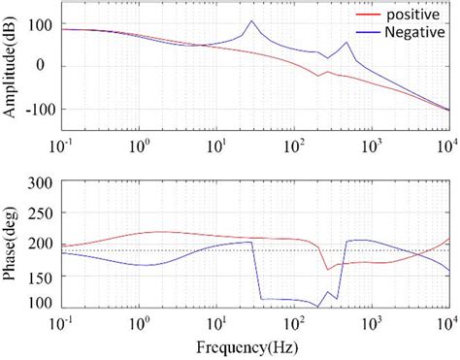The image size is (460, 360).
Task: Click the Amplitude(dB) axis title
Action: (x=11, y=66)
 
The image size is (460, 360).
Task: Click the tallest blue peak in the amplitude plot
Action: (x=251, y=21)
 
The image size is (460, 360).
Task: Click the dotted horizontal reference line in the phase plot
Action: (x=146, y=250)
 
